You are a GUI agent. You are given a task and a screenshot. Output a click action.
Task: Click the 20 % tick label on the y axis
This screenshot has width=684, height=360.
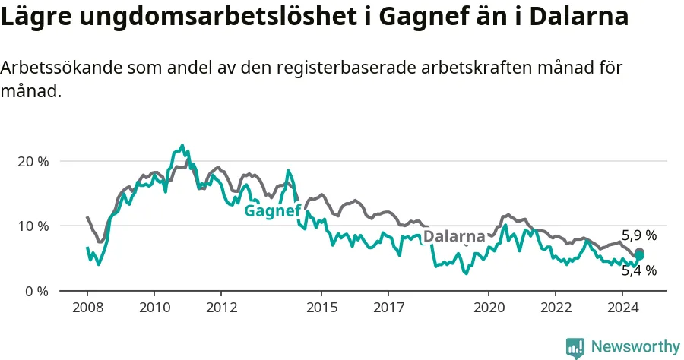coord(33,162)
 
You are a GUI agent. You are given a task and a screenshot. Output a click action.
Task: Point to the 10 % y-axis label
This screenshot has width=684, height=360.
coord(33,226)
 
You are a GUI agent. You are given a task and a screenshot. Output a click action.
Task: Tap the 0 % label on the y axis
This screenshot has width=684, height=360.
coord(36,291)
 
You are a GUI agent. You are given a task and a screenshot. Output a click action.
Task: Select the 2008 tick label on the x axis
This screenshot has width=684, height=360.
coord(87,308)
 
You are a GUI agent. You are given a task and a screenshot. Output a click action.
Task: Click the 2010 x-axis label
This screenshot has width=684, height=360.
coord(155,308)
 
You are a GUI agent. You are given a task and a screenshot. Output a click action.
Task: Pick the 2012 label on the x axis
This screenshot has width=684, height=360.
coord(222,308)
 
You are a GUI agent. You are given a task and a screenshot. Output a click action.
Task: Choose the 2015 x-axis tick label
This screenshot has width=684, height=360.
coord(322,308)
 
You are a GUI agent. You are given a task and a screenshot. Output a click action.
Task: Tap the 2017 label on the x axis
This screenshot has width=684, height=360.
coord(388,308)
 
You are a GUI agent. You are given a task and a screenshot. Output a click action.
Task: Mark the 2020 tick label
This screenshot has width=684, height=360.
coord(489,308)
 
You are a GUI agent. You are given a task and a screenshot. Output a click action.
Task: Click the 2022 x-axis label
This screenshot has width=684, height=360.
coord(556,308)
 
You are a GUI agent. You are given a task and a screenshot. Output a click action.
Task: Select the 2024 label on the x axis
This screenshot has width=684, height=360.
coord(623,308)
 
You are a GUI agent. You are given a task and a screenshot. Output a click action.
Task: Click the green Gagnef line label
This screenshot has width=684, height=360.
coord(273,211)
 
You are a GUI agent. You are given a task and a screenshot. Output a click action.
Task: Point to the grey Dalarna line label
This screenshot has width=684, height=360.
coord(454,236)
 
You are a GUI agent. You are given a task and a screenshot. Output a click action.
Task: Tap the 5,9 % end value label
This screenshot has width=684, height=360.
coord(639,235)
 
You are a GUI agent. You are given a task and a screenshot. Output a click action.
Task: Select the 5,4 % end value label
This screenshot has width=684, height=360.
coord(639,270)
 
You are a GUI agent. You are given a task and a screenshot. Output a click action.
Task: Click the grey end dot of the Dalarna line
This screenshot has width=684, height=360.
coord(639,252)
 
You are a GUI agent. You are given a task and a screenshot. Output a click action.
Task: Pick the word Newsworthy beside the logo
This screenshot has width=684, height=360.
coord(635,347)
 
